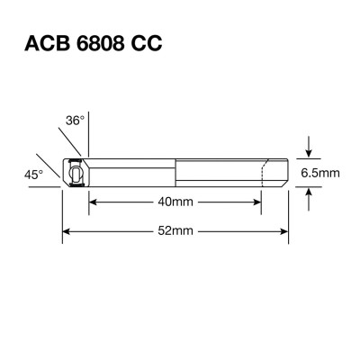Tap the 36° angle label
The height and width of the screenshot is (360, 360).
tap(75, 120)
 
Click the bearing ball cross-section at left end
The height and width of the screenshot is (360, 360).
tap(75, 173)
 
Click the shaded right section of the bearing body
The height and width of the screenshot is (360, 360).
tap(229, 173)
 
